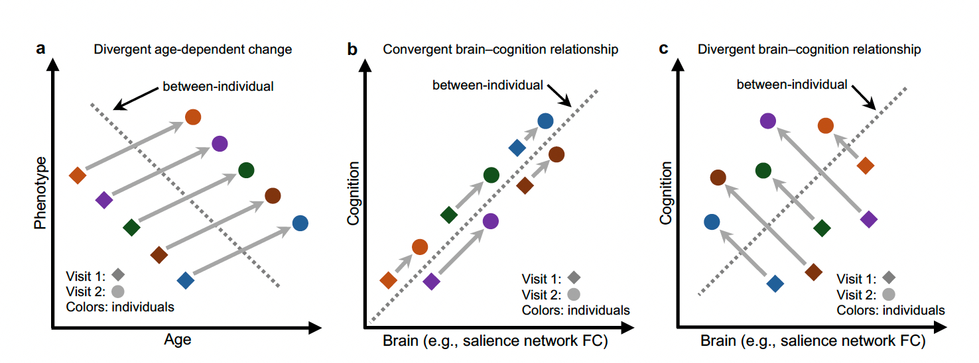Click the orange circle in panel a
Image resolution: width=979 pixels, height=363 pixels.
192,117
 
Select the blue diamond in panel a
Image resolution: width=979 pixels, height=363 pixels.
186,280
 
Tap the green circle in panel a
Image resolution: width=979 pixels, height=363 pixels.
246,170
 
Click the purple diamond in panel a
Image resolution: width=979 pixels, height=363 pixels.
104,200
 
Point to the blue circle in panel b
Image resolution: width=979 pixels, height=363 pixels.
545,121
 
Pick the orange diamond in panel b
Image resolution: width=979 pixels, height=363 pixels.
389,280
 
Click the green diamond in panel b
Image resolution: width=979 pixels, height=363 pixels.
449,215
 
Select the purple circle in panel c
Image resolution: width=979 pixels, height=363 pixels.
767,121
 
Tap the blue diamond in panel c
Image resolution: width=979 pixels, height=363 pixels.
775,284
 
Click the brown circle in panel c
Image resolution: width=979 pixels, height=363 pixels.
718,178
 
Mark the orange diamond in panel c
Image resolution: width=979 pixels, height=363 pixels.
864,166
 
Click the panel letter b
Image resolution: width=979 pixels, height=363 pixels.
354,49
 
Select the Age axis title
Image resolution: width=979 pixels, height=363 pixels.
177,340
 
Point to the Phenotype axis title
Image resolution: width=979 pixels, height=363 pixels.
41,193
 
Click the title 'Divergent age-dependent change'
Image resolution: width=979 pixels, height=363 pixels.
192,50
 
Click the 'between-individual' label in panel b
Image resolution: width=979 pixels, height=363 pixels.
488,85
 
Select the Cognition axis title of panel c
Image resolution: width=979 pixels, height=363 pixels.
665,193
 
